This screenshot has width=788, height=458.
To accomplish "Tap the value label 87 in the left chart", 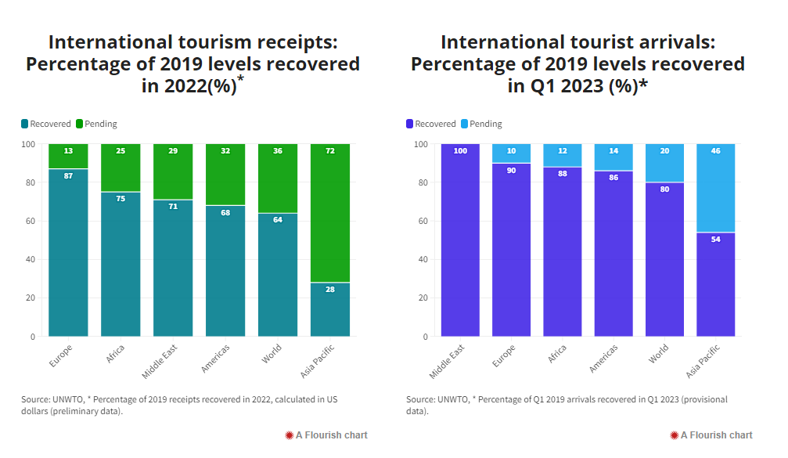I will point(68,176).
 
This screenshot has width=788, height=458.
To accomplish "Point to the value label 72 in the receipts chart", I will point(329,151).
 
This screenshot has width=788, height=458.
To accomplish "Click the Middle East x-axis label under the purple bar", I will point(448,360).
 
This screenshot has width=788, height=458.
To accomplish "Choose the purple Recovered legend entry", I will point(430,124).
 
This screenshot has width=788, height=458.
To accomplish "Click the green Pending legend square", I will point(78,124).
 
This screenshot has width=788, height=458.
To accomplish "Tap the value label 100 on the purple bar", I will point(460,151).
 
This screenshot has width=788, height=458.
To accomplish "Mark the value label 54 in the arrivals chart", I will point(715,240).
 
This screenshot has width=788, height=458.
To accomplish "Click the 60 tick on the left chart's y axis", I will point(31,221).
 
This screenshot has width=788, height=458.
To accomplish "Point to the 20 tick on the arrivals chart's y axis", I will point(416,298).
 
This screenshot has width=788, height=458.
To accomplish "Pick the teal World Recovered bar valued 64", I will point(277,274).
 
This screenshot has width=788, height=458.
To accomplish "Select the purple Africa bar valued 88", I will point(563,251).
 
